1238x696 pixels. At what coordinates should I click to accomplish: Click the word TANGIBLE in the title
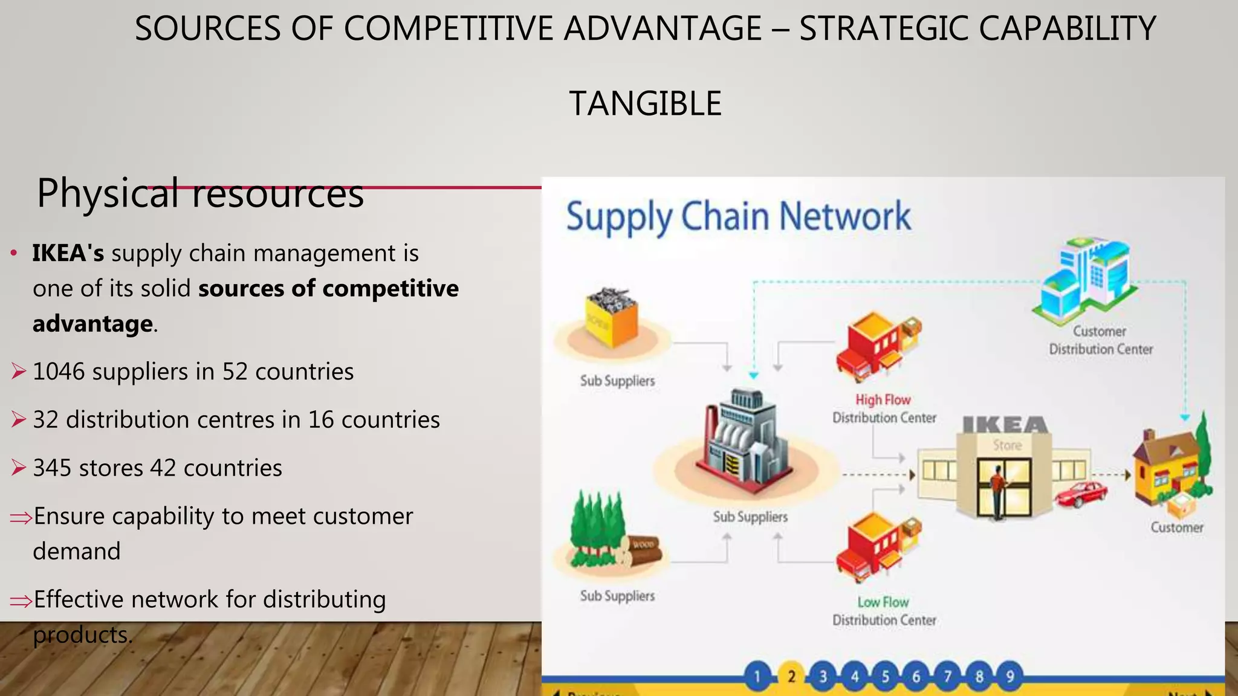click(645, 103)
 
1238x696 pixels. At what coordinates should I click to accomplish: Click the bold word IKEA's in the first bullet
click(68, 253)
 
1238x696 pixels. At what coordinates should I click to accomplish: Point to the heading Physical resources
click(200, 193)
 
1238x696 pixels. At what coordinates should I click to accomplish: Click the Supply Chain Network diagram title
click(738, 216)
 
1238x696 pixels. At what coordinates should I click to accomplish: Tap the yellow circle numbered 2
click(791, 676)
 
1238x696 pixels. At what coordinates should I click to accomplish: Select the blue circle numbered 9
click(1010, 676)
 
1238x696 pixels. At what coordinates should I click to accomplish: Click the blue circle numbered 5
click(885, 676)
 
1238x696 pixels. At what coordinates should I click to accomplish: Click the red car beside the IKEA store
click(1081, 494)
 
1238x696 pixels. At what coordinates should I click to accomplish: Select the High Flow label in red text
click(883, 400)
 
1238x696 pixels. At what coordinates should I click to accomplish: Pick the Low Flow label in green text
click(883, 602)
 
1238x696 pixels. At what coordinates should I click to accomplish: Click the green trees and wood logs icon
click(611, 535)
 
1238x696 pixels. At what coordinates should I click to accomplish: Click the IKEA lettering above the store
click(1005, 425)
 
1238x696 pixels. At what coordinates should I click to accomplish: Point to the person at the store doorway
click(997, 489)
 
